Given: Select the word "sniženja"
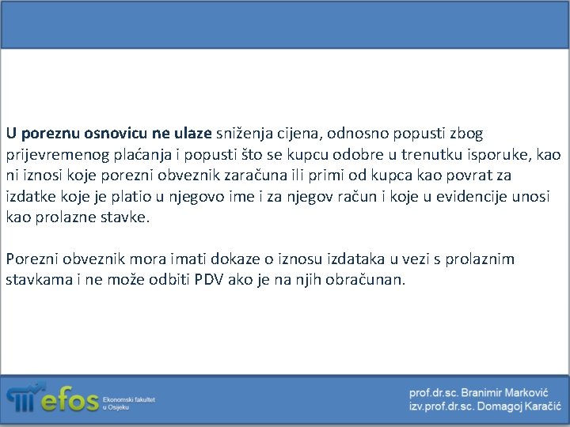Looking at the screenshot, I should (242, 134).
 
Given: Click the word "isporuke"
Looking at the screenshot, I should (495, 155).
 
